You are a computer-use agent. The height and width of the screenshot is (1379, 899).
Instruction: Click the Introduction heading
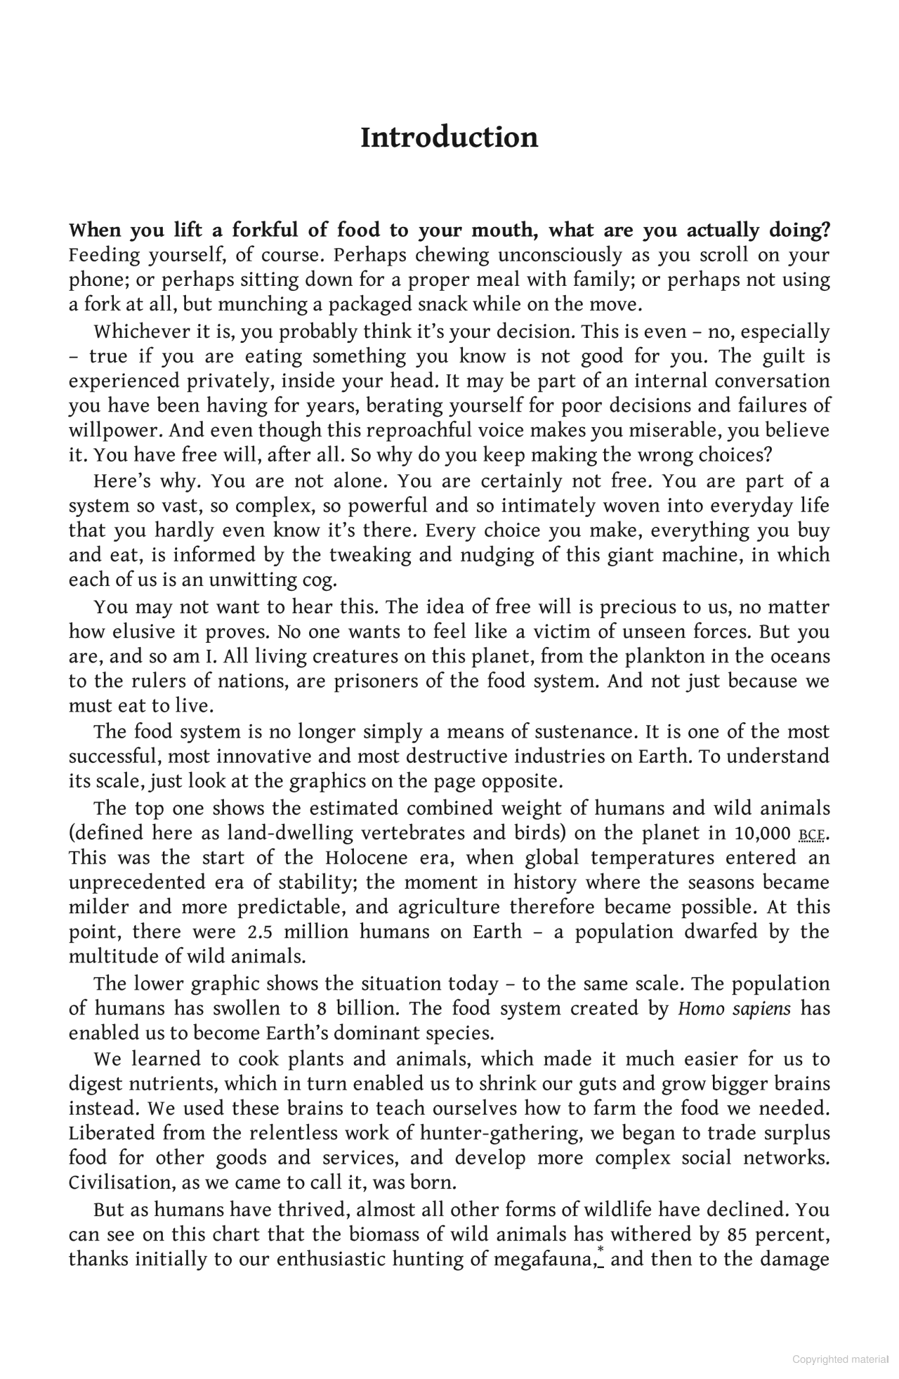pyautogui.click(x=449, y=137)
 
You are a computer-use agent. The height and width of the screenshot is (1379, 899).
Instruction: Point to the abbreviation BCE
pyautogui.click(x=812, y=835)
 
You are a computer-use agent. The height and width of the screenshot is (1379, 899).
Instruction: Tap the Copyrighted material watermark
pyautogui.click(x=840, y=1359)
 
